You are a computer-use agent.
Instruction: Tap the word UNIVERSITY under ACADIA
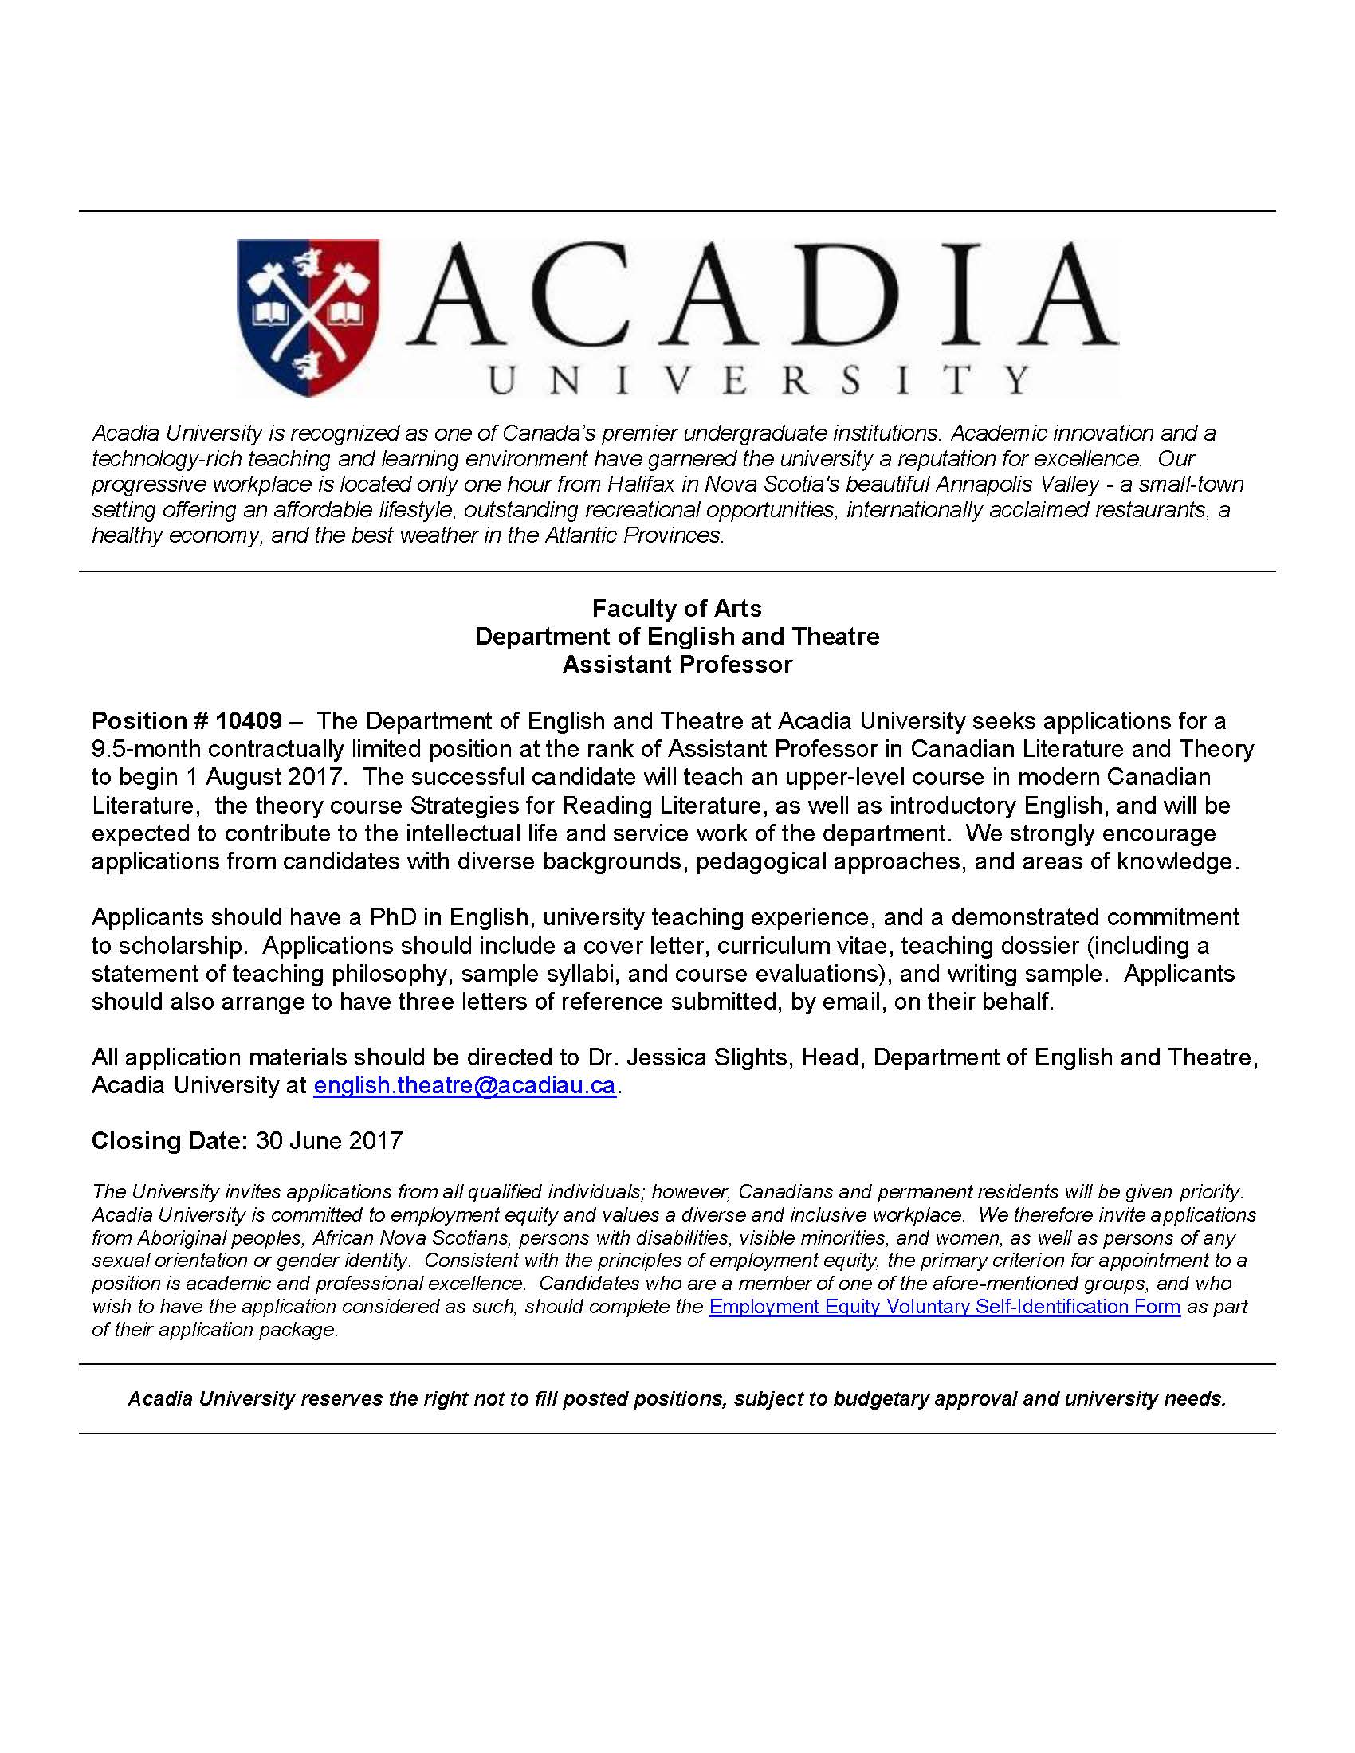759,379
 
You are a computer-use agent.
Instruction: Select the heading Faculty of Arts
677,609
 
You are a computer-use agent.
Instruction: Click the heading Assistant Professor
677,665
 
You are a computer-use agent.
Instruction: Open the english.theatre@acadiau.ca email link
464,1085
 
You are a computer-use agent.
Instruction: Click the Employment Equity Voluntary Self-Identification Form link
944,1307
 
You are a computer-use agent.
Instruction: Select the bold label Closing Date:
169,1140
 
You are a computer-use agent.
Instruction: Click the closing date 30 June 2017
329,1140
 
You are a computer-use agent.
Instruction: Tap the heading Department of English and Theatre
677,637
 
